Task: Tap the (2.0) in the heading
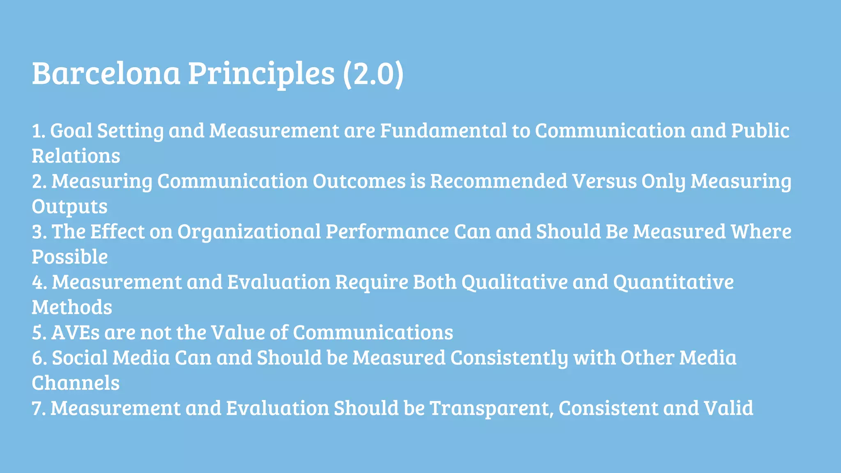[x=373, y=74]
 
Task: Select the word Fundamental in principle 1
[x=443, y=131]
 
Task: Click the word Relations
[x=76, y=156]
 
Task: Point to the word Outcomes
[x=359, y=181]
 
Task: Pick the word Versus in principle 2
[x=604, y=181]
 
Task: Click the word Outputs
[x=69, y=207]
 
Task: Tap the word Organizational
[x=249, y=232]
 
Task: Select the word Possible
[x=70, y=257]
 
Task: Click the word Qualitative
[x=514, y=282]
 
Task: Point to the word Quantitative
[x=673, y=282]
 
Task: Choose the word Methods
[x=72, y=308]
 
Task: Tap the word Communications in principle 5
[x=373, y=333]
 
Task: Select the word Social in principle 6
[x=80, y=358]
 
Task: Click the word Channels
[x=76, y=383]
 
